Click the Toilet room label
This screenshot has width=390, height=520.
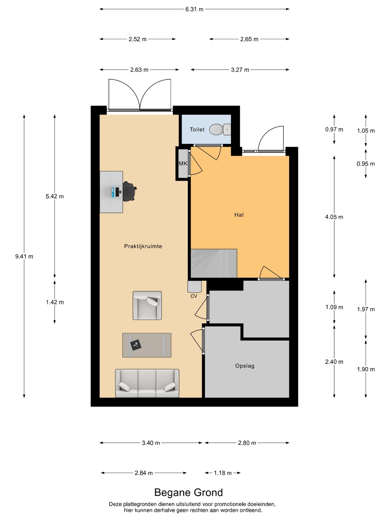(197, 129)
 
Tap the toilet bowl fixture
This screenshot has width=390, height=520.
(220, 129)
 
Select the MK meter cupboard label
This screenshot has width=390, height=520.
(183, 164)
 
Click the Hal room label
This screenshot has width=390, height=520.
(239, 215)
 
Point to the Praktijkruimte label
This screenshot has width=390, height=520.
(143, 246)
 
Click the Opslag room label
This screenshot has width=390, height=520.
(245, 366)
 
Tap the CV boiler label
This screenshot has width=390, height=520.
(194, 296)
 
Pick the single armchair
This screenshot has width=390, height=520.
(147, 305)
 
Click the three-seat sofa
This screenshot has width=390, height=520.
(147, 383)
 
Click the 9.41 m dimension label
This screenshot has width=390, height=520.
(24, 256)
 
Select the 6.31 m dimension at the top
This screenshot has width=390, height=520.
(194, 9)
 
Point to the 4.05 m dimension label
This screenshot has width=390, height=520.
(334, 217)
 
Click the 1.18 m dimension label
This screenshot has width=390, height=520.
(223, 473)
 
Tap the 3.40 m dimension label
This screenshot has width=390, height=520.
(151, 443)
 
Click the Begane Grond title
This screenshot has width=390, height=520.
(189, 492)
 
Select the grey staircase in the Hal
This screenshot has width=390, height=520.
(214, 263)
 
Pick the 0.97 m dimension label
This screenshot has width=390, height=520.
(334, 129)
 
